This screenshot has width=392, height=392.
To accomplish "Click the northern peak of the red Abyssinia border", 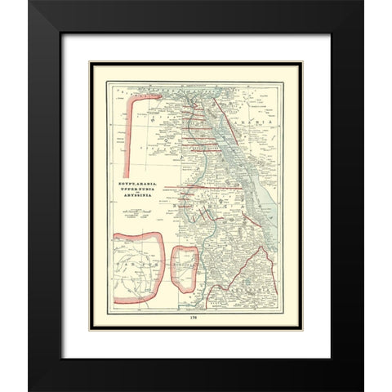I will click(x=262, y=247).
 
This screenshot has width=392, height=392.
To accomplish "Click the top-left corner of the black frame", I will click(x=30, y=2).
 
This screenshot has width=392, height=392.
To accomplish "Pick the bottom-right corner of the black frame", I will click(x=362, y=389).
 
